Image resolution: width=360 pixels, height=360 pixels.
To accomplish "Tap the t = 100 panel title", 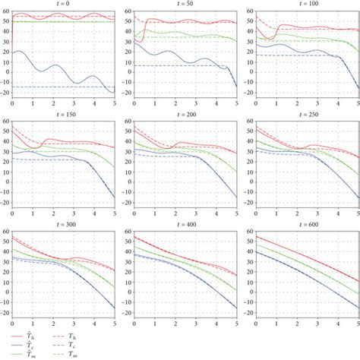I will [x=300, y=3].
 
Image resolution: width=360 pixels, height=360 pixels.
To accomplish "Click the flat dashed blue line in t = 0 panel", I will [x=46, y=87].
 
